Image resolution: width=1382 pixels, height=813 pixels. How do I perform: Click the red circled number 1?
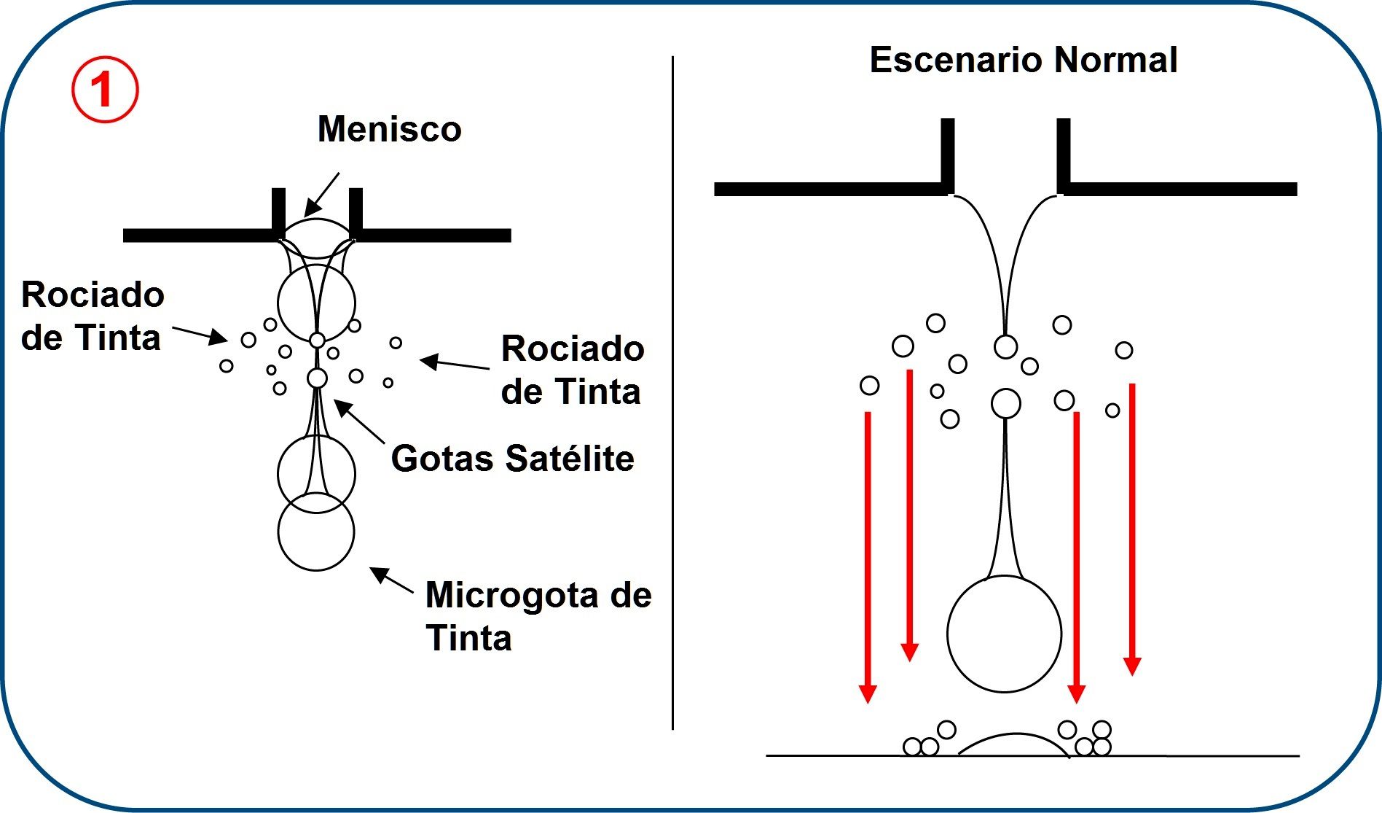[104, 90]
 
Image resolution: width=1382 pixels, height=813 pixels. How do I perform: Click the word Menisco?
[389, 130]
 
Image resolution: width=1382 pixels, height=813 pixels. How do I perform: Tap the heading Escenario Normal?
[1023, 60]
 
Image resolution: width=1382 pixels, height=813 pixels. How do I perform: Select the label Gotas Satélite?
[512, 459]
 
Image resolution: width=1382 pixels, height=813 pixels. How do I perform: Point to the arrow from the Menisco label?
[321, 195]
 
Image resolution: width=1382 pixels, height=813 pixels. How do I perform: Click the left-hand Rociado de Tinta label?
[92, 316]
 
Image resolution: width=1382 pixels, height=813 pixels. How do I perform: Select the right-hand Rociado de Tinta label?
[572, 370]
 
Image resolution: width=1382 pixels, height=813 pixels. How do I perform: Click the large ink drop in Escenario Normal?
[1004, 634]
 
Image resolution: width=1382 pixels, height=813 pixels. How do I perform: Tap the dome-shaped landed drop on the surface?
[1013, 744]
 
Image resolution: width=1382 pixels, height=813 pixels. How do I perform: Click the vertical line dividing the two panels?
[672, 394]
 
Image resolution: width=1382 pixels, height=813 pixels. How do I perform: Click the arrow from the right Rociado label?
[455, 363]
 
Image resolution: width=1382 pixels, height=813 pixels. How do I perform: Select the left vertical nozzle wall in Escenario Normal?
[947, 155]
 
